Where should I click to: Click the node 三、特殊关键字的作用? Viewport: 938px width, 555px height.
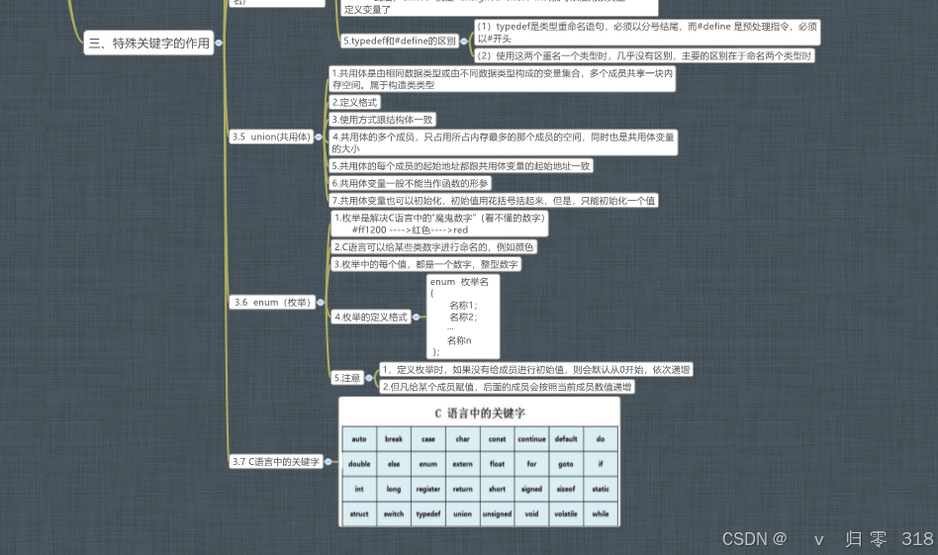[x=148, y=43]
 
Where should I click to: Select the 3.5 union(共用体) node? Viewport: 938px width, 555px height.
[x=270, y=138]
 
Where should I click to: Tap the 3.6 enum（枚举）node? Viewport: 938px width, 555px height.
[x=270, y=302]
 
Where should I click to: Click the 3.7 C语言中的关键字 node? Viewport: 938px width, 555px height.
[x=276, y=462]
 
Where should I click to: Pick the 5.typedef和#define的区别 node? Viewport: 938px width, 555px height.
[x=400, y=42]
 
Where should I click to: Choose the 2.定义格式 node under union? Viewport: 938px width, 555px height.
[x=354, y=102]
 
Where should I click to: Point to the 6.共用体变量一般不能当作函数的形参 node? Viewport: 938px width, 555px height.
[x=410, y=183]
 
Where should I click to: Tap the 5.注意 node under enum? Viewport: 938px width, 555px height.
[x=346, y=378]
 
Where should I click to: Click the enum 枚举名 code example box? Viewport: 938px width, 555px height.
[x=463, y=317]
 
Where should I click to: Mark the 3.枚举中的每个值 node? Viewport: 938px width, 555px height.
[x=424, y=264]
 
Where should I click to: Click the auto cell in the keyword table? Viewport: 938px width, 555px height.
[x=359, y=438]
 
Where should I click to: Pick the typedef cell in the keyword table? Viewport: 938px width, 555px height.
[x=427, y=514]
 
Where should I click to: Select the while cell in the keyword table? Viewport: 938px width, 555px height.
[x=601, y=514]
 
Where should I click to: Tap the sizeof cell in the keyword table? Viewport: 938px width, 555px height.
[x=566, y=489]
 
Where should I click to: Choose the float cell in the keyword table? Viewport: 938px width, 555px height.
[x=497, y=463]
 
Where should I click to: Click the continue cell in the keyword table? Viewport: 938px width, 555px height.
[x=531, y=438]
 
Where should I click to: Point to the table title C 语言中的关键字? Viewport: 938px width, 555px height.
[x=480, y=413]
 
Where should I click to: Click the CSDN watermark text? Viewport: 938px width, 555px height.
[x=754, y=539]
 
